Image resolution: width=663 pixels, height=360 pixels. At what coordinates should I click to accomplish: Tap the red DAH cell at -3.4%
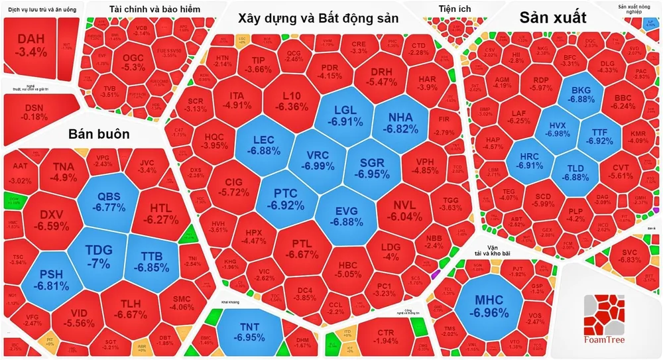coord(30,44)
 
